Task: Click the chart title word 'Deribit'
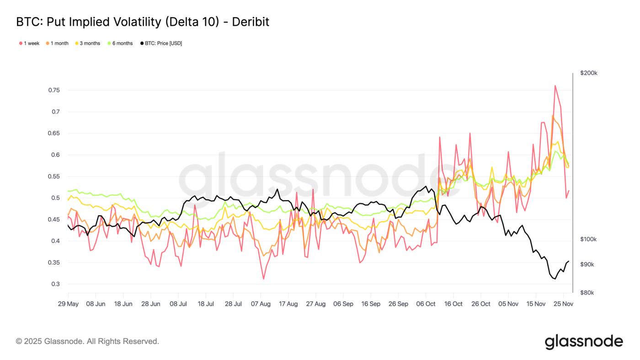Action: coord(251,22)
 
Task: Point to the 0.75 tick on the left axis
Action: coord(54,90)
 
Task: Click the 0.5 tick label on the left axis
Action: coord(56,198)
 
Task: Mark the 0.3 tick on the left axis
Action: coord(56,284)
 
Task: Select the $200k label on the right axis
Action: coord(588,73)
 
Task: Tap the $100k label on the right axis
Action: coord(588,239)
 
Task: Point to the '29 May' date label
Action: coord(68,304)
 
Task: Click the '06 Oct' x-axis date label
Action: coord(426,304)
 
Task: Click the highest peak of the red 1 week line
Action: coord(555,86)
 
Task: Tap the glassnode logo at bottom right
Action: coord(584,342)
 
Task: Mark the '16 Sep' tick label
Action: coord(371,304)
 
